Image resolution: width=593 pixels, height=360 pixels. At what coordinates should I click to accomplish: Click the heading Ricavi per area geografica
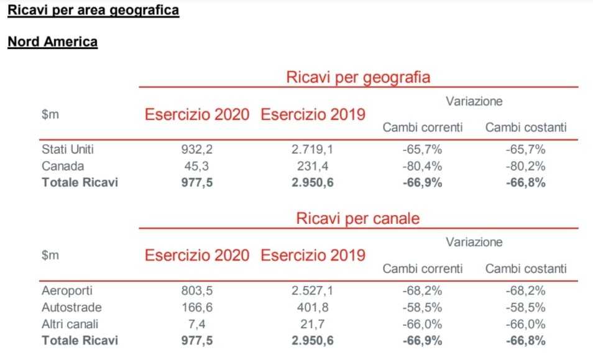click(93, 11)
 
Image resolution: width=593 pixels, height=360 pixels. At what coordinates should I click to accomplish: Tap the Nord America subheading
click(52, 42)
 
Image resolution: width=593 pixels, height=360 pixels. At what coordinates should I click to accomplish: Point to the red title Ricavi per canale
click(358, 219)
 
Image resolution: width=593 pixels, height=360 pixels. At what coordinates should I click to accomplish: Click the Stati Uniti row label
click(68, 150)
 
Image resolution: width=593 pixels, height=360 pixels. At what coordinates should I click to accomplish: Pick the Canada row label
click(63, 166)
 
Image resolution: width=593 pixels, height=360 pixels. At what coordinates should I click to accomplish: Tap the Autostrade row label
click(71, 307)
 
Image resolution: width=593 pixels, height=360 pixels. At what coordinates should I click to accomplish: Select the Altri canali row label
click(70, 324)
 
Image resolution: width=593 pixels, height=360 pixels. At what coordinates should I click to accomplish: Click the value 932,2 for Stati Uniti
click(197, 150)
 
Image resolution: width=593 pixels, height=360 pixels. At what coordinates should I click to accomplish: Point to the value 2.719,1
click(313, 150)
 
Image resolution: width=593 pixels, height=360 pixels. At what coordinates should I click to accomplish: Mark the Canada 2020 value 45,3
click(197, 166)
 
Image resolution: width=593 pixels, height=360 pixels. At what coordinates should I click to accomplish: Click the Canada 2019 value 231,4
click(313, 166)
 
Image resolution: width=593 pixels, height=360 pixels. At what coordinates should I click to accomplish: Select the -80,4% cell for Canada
click(422, 166)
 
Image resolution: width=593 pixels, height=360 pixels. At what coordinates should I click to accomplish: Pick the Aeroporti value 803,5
click(197, 290)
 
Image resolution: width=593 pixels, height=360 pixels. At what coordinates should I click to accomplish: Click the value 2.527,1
click(313, 290)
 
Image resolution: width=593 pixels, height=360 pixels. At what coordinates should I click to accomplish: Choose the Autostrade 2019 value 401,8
click(313, 307)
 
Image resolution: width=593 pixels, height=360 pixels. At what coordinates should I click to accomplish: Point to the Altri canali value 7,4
click(197, 324)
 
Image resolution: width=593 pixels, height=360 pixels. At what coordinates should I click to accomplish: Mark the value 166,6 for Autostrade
click(197, 307)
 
